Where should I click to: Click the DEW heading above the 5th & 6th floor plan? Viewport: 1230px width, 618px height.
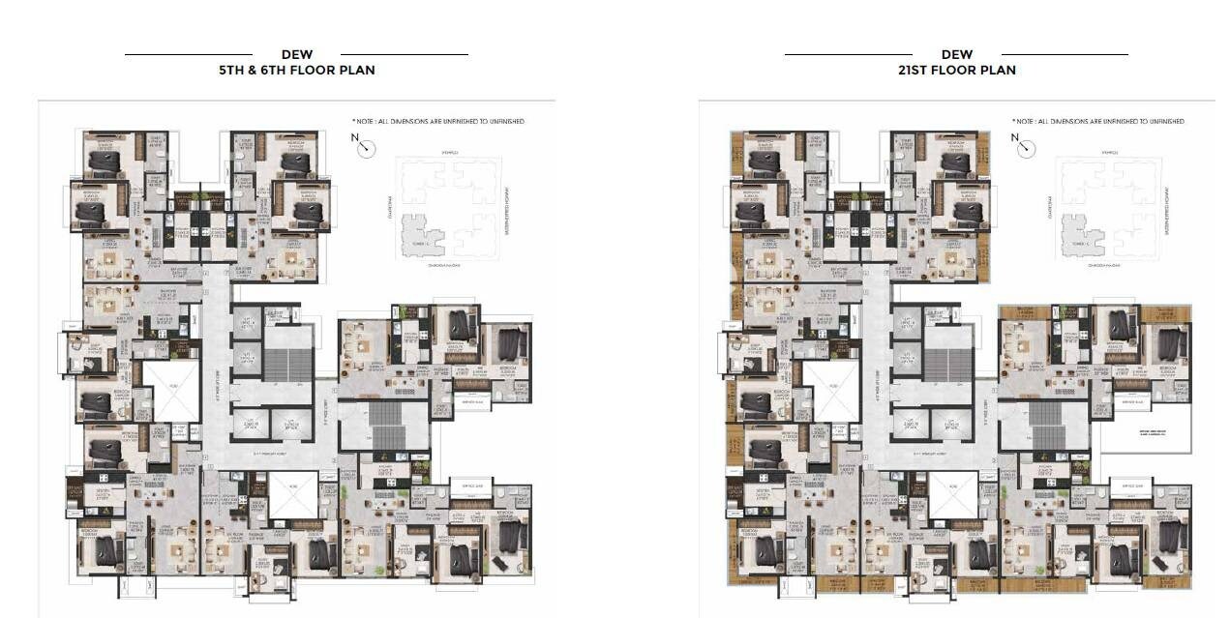pos(296,54)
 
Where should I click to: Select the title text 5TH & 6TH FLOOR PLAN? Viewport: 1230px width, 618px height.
pos(296,70)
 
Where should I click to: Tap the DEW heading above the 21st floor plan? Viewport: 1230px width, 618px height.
pos(956,54)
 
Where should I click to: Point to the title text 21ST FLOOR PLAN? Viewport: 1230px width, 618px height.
pos(956,70)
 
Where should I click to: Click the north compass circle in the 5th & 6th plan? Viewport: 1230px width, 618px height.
pos(366,148)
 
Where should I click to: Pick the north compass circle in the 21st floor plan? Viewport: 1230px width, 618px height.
pos(1026,148)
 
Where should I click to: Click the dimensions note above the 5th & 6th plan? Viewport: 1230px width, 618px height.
pos(437,122)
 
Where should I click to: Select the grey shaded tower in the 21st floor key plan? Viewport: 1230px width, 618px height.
pos(1080,235)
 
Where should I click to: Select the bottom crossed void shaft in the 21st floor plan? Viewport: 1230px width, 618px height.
pos(953,494)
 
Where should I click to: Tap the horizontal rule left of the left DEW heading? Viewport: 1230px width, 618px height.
pos(189,54)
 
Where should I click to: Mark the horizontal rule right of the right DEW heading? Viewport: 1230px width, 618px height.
pos(1065,54)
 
